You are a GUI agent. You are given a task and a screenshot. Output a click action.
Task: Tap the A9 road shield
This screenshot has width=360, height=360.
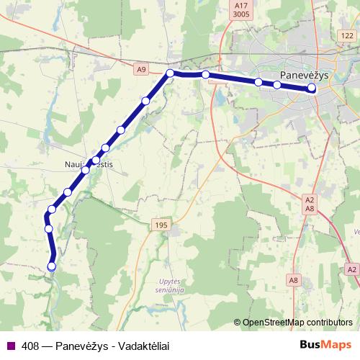tap(140, 69)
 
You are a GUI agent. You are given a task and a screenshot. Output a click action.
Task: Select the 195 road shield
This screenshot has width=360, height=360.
tap(160, 225)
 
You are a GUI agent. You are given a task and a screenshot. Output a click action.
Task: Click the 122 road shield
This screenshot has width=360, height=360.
tap(348, 35)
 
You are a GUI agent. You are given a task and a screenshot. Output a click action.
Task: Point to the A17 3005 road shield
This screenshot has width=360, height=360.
tap(241, 9)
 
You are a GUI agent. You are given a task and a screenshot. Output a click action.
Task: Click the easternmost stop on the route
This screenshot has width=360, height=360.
tap(312, 88)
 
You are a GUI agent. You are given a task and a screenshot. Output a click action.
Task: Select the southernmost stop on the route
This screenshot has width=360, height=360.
tap(51, 266)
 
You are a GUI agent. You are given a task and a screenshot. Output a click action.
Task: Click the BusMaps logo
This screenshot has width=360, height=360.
tap(327, 345)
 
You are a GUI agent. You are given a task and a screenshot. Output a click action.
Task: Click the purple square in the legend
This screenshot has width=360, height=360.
tap(10, 345)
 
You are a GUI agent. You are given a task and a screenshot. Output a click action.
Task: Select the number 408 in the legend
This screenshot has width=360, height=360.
tap(30, 345)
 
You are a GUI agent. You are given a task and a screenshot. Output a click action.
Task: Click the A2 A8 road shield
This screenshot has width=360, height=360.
tap(310, 203)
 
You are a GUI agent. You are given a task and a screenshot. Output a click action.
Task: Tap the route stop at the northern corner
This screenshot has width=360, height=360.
tap(171, 73)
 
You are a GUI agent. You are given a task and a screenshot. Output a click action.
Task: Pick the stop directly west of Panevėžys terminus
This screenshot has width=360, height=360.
tap(277, 85)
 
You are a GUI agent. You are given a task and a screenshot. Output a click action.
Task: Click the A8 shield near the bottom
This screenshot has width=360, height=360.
tap(294, 279)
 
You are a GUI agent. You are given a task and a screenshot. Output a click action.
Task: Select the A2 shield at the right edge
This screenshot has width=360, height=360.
tap(351, 269)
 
